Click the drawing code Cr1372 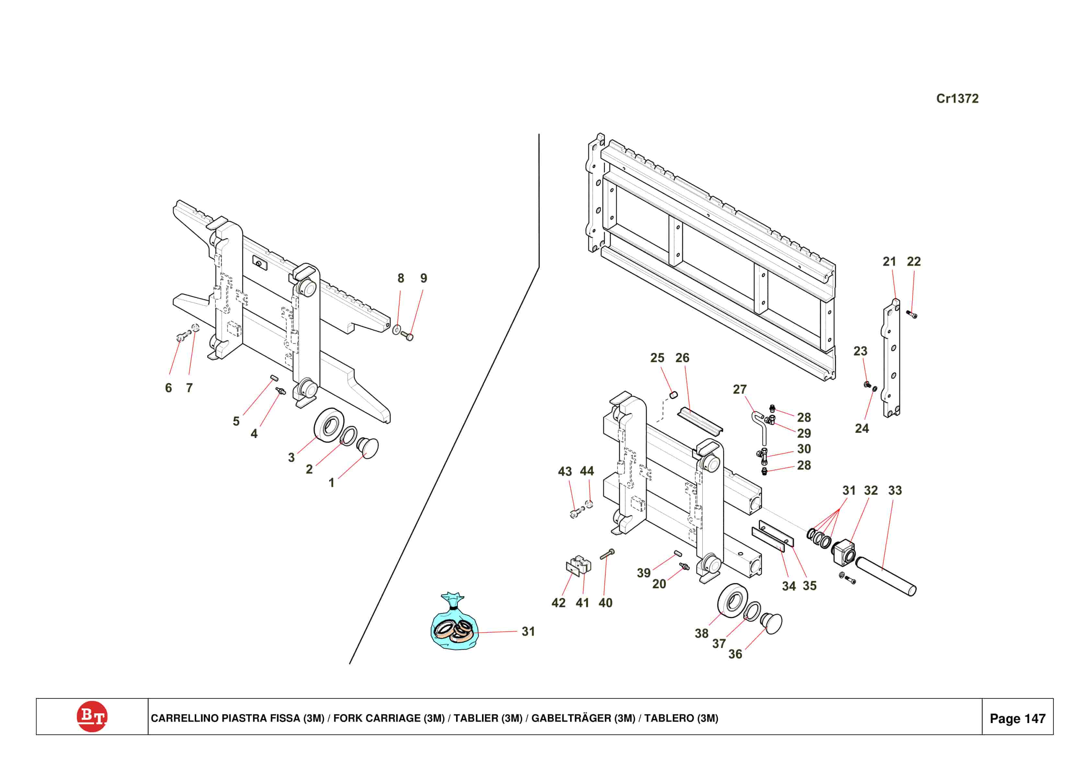tap(957, 98)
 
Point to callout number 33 tap(895, 490)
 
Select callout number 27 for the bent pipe tap(739, 389)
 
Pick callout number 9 tap(423, 278)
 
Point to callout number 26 tap(682, 358)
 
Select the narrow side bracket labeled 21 tap(891, 359)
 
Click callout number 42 tap(558, 603)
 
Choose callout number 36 tap(735, 654)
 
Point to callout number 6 tap(168, 388)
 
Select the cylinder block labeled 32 tap(844, 551)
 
